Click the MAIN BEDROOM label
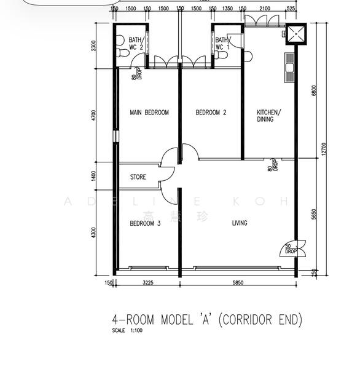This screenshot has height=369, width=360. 149,113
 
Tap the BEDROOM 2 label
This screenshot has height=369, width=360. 211,113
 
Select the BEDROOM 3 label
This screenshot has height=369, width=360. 145,224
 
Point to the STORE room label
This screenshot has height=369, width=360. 138,178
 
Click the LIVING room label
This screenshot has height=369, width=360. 240,223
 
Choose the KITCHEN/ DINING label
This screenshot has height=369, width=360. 269,116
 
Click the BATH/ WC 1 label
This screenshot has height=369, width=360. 222,43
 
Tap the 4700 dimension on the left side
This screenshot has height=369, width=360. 94,117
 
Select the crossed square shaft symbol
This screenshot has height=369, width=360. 296,35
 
